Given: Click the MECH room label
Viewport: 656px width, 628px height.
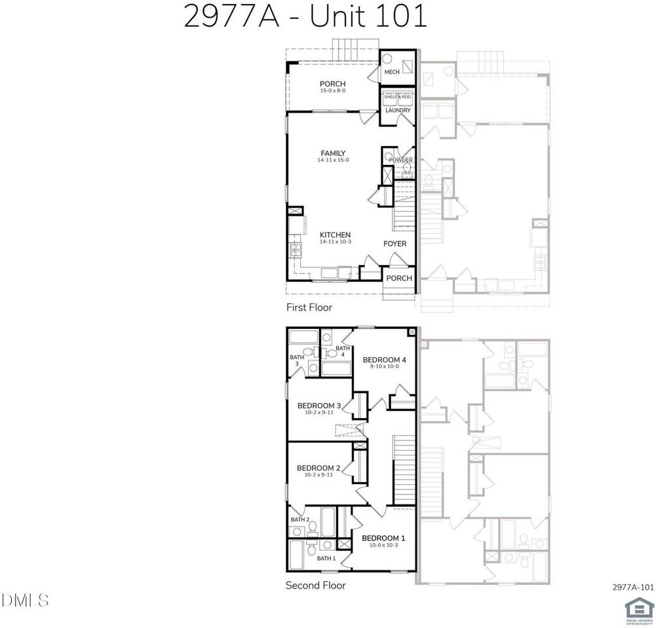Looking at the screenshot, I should click(392, 72).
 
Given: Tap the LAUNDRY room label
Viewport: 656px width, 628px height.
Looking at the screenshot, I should click(398, 110).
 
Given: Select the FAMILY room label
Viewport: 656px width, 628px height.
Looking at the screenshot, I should click(333, 154).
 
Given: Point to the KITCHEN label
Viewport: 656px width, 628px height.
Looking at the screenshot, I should click(335, 235).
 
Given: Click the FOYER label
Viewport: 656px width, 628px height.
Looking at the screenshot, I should click(394, 244).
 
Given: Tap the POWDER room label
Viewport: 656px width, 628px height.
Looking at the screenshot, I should click(400, 160).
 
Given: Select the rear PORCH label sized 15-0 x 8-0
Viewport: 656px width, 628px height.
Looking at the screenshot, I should click(332, 84).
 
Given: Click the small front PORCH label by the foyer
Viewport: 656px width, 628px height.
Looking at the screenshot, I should click(399, 278).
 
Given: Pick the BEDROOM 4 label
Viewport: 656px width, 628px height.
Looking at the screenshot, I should click(385, 360).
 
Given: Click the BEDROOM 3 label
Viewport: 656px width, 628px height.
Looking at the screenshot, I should click(319, 406).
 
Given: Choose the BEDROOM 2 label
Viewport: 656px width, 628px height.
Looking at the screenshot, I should click(319, 468).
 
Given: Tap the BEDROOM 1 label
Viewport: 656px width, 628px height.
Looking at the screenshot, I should click(383, 538).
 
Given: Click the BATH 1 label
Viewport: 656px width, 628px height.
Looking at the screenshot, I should click(326, 558).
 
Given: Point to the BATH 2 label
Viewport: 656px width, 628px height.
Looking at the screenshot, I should click(300, 519).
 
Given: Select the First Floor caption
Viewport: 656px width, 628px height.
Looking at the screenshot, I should click(309, 307).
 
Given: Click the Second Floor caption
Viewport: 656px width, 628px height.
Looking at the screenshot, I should click(315, 585).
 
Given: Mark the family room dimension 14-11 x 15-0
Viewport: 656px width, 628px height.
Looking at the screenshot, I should click(333, 160).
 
